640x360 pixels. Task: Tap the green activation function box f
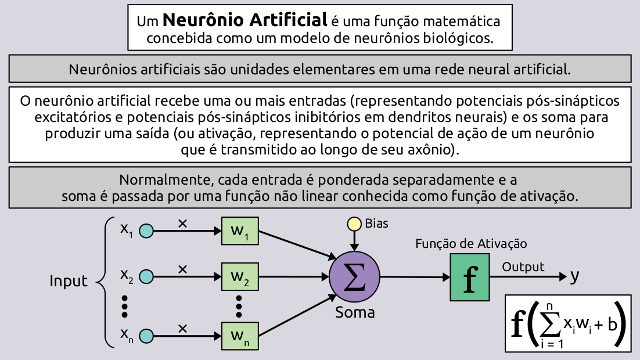point(469,278)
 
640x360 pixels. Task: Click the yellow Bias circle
point(353,224)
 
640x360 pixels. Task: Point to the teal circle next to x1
point(146,231)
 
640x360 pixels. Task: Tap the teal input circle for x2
point(146,276)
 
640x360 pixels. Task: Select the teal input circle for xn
point(146,336)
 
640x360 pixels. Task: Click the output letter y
point(574,277)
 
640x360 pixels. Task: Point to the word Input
point(69,282)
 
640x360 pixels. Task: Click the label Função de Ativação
point(471,244)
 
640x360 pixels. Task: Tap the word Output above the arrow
point(523,267)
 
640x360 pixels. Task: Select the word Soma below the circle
point(355,312)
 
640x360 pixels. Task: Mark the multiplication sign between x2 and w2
point(182,269)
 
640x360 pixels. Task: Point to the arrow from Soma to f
point(415,277)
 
